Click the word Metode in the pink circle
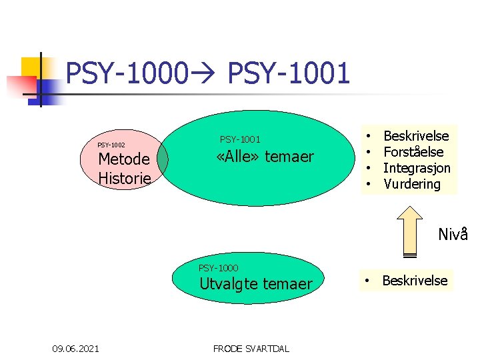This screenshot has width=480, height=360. point(124,160)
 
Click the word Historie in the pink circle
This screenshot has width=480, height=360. point(125,178)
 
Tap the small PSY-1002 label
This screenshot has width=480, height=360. point(111,145)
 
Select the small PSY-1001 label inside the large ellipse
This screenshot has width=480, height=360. point(240,139)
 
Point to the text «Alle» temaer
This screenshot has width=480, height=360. point(265,157)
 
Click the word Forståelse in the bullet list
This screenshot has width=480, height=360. point(413,152)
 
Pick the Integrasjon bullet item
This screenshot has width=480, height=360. point(417,168)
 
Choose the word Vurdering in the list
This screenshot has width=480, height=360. point(412,184)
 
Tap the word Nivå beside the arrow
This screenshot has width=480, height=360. point(453,235)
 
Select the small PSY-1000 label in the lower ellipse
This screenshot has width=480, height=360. point(219,268)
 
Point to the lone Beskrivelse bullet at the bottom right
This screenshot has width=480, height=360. point(415,281)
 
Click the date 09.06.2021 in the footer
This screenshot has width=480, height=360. point(77,348)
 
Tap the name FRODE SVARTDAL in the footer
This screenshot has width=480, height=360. point(251,348)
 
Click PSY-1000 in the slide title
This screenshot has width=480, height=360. point(127,73)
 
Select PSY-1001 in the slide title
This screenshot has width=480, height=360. point(289,73)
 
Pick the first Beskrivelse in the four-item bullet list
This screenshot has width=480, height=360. point(416,136)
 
